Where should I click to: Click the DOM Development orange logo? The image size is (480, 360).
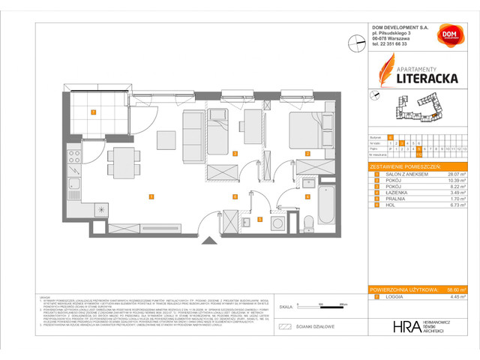tap(448, 37)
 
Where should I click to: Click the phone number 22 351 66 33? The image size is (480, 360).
tap(389, 44)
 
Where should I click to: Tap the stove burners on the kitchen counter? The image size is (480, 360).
tap(75, 157)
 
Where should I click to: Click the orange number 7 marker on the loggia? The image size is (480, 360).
tap(93, 112)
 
